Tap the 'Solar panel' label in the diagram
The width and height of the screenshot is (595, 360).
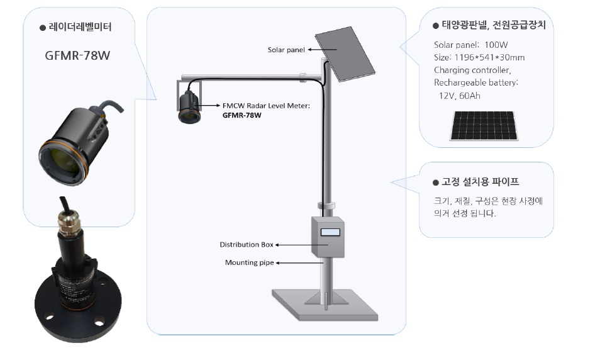coord(283,48)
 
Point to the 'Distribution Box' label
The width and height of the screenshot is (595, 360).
coord(247,244)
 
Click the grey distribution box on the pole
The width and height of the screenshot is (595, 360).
coord(328,236)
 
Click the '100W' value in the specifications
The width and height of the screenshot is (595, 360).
coord(496,45)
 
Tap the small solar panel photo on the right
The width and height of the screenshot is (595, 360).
coord(484,126)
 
